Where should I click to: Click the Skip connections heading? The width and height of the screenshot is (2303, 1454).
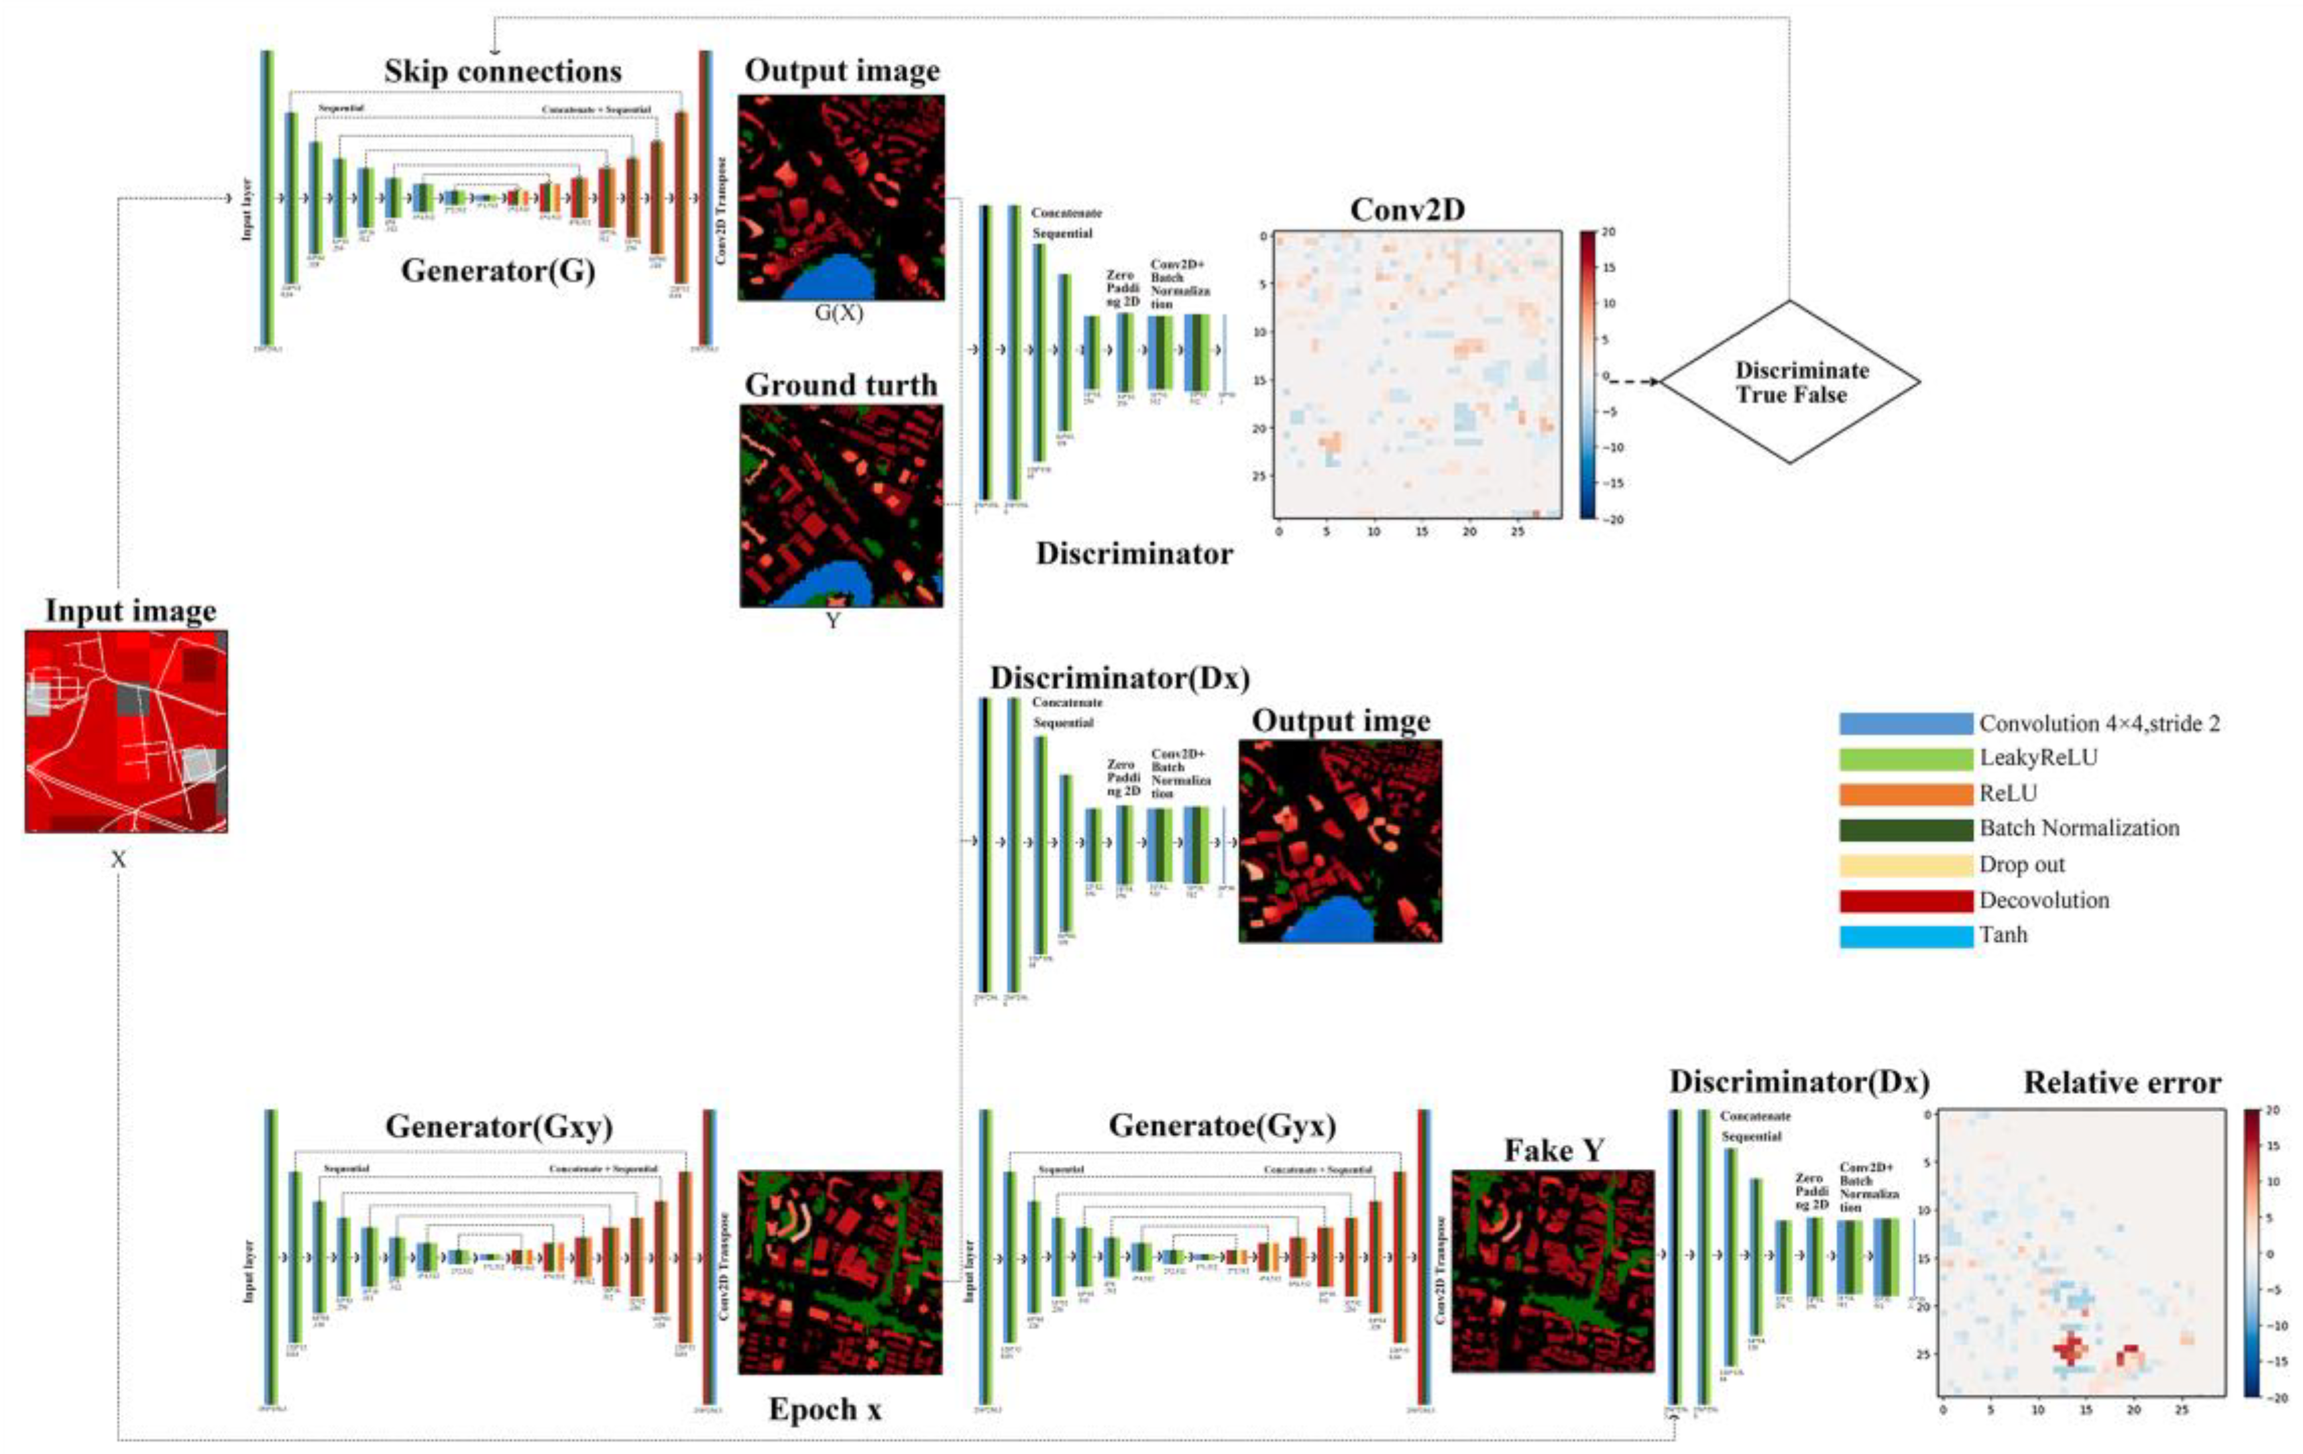[x=503, y=72]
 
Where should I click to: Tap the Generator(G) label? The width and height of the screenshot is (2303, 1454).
[x=498, y=271]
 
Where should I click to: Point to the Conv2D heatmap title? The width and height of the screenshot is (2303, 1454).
[x=1406, y=209]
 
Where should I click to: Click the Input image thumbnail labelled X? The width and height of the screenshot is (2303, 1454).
[x=126, y=731]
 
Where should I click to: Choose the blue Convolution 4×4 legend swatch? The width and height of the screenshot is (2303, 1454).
[x=1905, y=723]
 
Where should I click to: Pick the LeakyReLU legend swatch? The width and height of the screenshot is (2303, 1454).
[x=1905, y=759]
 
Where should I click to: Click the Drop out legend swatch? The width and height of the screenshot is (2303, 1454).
[x=1905, y=864]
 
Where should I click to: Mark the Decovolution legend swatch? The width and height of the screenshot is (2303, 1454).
[x=1905, y=900]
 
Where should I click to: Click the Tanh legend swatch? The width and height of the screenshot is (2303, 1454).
[x=1905, y=936]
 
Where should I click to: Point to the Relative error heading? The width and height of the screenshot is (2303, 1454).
[x=2121, y=1083]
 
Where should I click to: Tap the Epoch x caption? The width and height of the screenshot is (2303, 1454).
[x=824, y=1409]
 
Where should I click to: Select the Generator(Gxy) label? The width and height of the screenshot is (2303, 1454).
[x=498, y=1127]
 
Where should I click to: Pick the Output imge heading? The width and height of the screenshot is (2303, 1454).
[x=1341, y=721]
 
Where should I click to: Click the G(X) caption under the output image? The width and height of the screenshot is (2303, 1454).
[x=839, y=312]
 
